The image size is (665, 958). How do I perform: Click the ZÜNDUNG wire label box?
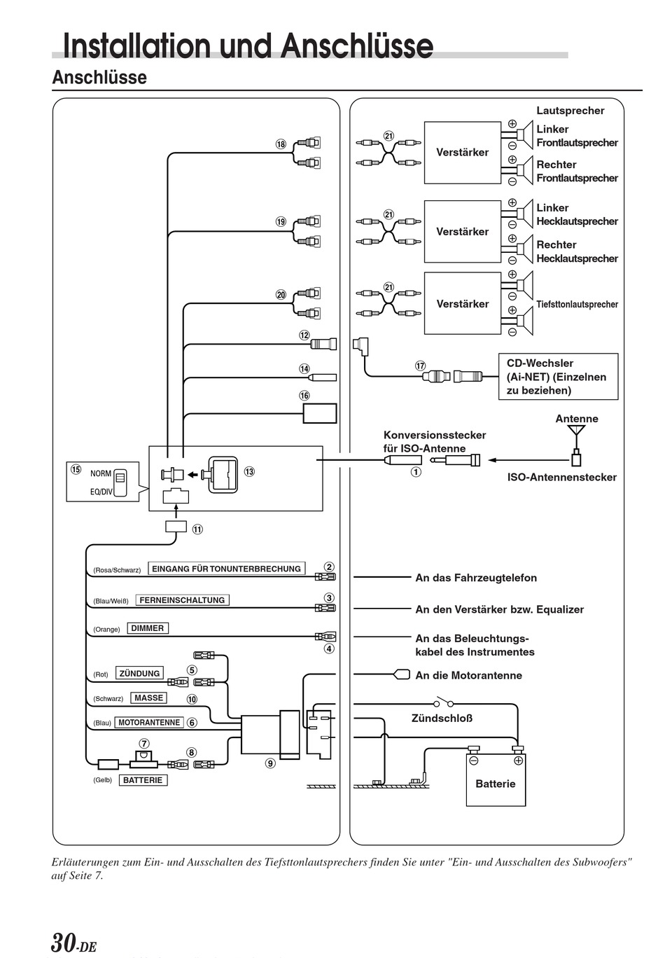click(139, 673)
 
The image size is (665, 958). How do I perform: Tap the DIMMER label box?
click(148, 628)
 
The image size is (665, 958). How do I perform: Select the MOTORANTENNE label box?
click(149, 722)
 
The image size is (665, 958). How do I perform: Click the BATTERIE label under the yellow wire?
click(143, 780)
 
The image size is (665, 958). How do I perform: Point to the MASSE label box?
click(148, 697)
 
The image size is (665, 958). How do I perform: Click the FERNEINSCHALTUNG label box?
click(182, 600)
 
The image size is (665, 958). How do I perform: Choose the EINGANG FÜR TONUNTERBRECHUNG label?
click(227, 569)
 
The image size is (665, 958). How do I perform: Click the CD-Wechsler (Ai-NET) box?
click(558, 376)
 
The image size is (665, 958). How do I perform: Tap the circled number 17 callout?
click(421, 366)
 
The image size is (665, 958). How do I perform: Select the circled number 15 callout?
click(76, 469)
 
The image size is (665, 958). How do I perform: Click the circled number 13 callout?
click(249, 471)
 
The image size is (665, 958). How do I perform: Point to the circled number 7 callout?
click(144, 743)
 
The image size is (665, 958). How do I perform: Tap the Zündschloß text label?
click(442, 718)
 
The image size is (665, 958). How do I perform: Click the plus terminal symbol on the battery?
click(519, 761)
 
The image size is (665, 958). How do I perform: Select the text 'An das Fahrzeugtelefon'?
click(476, 578)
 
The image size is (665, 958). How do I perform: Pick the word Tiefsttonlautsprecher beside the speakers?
click(577, 304)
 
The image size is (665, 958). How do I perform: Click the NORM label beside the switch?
click(100, 473)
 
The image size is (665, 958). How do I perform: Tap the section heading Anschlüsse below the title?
click(99, 78)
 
